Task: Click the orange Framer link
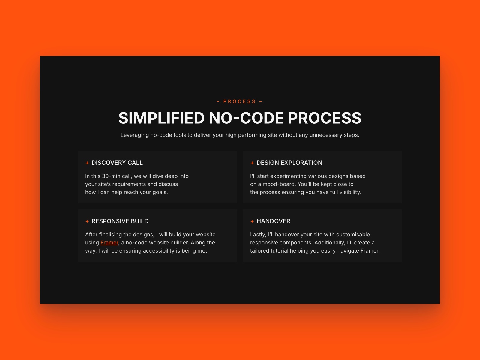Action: (109, 243)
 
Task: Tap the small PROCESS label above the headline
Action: (239, 101)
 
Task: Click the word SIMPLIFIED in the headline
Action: (161, 118)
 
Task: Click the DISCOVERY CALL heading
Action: (117, 163)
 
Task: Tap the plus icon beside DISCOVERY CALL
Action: (87, 163)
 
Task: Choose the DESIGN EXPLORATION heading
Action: (289, 163)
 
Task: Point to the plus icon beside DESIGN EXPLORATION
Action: (252, 163)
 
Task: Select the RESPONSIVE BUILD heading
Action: (120, 221)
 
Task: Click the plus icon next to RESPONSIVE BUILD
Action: (87, 221)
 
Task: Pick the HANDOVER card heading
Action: (273, 221)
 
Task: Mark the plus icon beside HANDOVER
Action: (252, 221)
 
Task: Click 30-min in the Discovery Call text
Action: (111, 176)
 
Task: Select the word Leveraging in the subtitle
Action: (135, 135)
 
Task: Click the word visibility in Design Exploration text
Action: (350, 192)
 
